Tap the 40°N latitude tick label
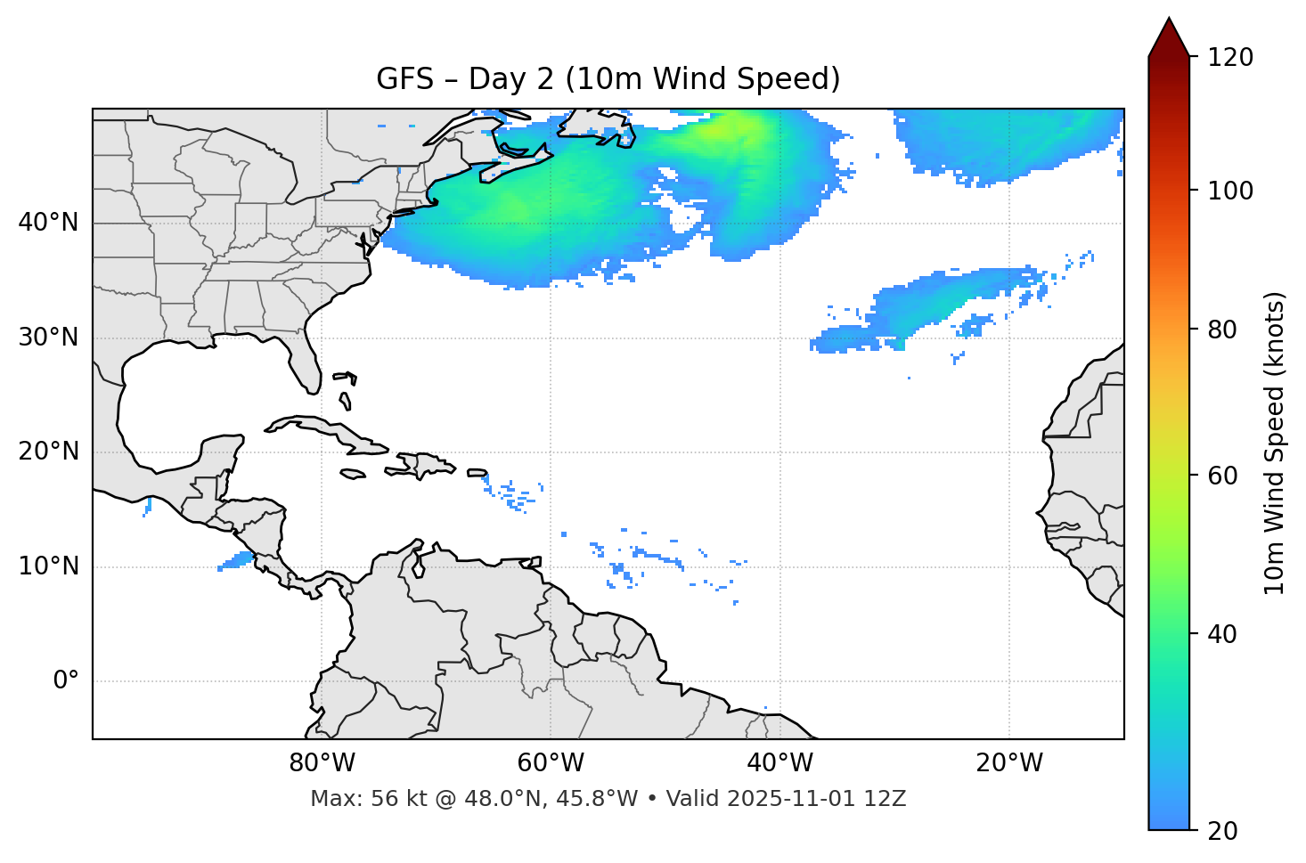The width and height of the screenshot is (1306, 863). [48, 223]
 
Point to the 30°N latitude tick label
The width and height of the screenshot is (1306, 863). [48, 338]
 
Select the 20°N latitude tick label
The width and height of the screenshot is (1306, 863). [48, 452]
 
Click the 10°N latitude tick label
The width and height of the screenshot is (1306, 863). [48, 566]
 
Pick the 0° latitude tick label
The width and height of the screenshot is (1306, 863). [65, 681]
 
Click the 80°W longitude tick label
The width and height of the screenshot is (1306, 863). [322, 763]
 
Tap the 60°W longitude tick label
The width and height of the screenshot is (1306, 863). [551, 763]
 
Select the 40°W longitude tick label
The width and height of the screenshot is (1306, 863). [780, 763]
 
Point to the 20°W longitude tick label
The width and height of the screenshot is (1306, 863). [1008, 763]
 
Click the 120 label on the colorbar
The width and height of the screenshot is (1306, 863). [1230, 58]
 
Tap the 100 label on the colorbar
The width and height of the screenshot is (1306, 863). [1230, 191]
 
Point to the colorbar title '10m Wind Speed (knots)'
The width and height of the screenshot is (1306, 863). [1275, 444]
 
